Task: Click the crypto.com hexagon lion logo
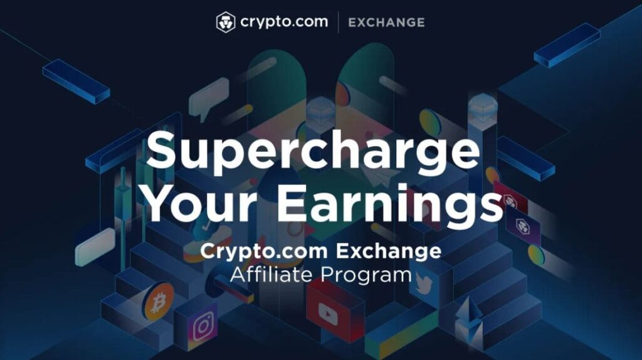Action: point(226,22)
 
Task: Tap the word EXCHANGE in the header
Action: point(386,23)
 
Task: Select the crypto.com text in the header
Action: point(284,22)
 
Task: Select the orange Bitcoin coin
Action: point(159,302)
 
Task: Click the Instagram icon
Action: point(204,326)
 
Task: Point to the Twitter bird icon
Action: point(424,283)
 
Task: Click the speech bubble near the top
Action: point(208,98)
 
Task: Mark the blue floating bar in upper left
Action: point(76,81)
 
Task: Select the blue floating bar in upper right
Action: point(567,45)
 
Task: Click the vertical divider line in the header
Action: point(338,22)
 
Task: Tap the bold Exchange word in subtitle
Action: point(389,251)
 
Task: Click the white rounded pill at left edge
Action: point(95,247)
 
